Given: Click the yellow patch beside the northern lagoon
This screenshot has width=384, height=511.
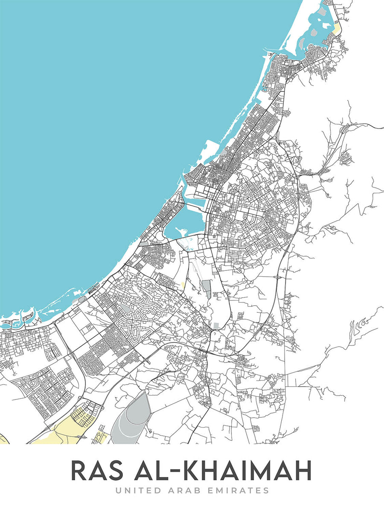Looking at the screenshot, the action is [337, 29].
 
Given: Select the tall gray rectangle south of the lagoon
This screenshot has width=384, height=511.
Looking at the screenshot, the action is [207, 289].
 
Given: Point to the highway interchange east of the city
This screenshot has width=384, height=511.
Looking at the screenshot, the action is [278, 277].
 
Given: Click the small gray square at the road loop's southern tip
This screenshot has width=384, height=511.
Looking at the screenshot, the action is [216, 325].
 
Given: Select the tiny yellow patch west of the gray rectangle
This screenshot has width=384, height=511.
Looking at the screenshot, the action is [183, 285].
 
